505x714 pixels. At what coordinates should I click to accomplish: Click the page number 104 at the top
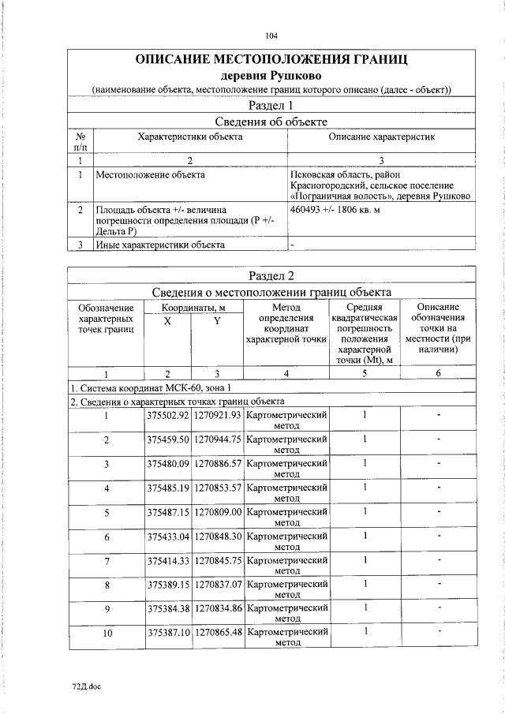tap(271, 36)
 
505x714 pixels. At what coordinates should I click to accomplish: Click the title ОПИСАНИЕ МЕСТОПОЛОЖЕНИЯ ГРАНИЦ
tap(271, 60)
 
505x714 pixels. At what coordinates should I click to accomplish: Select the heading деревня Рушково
tap(271, 75)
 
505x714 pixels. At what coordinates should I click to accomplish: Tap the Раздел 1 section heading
tap(271, 105)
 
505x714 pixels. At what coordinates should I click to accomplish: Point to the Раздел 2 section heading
tap(271, 275)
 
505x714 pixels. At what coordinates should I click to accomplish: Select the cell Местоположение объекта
tap(150, 174)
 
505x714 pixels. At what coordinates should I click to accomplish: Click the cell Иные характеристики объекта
tap(160, 245)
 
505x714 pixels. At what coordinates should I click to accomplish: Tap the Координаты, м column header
tap(194, 307)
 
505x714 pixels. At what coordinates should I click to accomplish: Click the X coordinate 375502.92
tap(168, 415)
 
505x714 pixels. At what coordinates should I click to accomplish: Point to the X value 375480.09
tap(168, 463)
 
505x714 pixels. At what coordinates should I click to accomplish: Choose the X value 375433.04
tap(168, 536)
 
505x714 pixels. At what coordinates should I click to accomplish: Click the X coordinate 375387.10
tap(168, 633)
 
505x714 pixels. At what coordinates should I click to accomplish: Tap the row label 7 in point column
tap(106, 560)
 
